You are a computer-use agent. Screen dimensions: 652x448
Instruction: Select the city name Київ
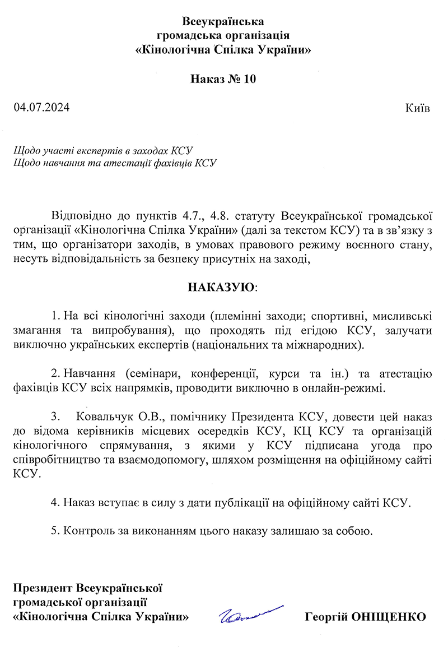pyautogui.click(x=417, y=108)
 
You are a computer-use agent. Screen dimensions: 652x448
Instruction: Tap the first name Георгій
pyautogui.click(x=325, y=617)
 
